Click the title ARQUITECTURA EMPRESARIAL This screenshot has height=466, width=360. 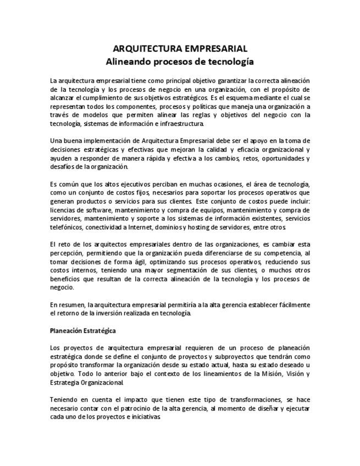[180, 48]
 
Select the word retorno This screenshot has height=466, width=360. [69, 313]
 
